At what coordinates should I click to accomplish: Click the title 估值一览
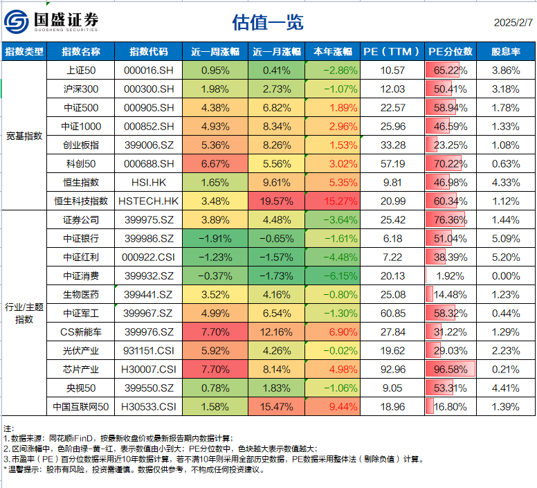(x=268, y=23)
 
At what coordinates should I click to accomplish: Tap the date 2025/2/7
(x=513, y=22)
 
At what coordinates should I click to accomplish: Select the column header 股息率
(x=506, y=52)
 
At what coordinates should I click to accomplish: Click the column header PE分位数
(x=450, y=52)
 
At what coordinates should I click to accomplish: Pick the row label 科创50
(x=81, y=163)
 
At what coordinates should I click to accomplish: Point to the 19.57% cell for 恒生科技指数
(x=277, y=201)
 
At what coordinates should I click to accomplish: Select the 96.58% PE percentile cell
(x=450, y=368)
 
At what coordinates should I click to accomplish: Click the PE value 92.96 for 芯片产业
(x=392, y=368)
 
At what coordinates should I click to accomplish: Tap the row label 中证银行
(x=81, y=238)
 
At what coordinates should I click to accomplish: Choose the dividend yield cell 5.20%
(x=506, y=257)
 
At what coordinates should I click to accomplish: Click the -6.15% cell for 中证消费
(x=331, y=275)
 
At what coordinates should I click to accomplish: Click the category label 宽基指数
(x=24, y=136)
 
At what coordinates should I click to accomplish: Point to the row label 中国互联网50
(x=81, y=406)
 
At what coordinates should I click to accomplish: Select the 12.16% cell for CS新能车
(x=277, y=332)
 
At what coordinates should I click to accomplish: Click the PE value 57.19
(x=392, y=163)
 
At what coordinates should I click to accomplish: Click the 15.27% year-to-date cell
(x=331, y=201)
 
